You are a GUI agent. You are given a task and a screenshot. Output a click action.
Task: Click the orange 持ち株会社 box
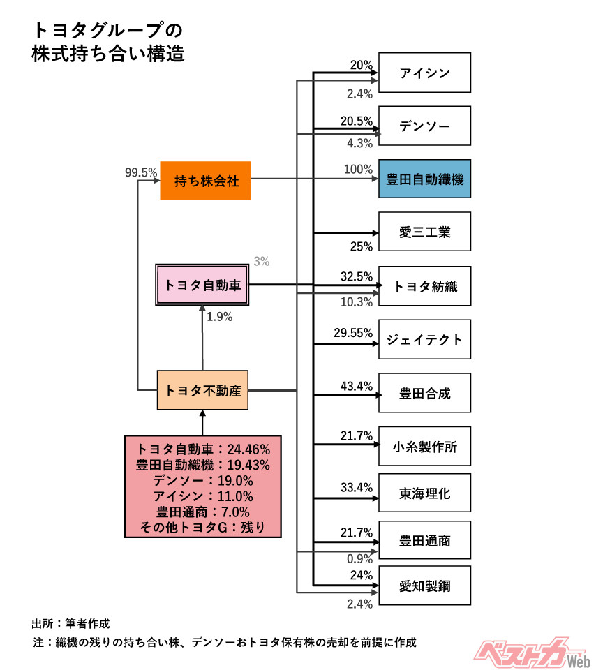coord(205,181)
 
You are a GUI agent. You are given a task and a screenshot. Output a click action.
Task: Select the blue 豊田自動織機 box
coord(424,179)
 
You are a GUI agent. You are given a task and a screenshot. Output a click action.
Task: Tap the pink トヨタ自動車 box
coord(202,285)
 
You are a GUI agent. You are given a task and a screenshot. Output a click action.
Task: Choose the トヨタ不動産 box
coord(202,390)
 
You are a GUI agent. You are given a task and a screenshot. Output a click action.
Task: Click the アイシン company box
coord(424,73)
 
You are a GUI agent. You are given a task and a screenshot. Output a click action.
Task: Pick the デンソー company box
coord(424,126)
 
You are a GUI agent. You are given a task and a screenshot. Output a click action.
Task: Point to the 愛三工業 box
coord(424,232)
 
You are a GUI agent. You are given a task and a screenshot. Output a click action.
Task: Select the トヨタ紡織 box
coord(424,285)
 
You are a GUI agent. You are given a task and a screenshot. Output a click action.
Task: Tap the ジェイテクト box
coord(424,339)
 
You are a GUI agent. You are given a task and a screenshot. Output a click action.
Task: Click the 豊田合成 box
coord(424,392)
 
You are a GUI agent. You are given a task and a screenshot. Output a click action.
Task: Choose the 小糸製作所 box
coord(424,446)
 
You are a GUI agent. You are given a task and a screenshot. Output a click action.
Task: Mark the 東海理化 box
coord(424,493)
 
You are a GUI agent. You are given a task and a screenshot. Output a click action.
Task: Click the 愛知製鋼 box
coord(424,586)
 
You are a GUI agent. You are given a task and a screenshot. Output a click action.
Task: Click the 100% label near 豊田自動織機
coord(359,170)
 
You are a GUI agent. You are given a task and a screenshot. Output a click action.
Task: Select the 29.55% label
coord(353,333)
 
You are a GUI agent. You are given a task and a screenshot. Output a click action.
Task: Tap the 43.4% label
coord(357,386)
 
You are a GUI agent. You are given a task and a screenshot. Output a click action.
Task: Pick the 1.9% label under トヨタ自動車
coord(220,316)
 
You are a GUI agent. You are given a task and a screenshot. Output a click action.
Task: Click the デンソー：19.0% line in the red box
coord(203,481)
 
